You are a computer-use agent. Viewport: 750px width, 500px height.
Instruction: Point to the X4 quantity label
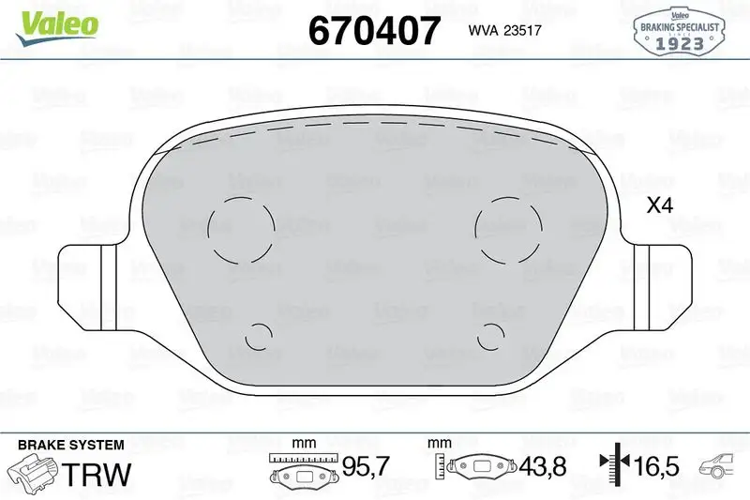click(x=661, y=206)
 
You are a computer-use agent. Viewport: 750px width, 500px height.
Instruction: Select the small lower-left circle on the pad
click(x=257, y=336)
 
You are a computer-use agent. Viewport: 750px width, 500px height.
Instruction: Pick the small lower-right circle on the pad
click(x=492, y=336)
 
